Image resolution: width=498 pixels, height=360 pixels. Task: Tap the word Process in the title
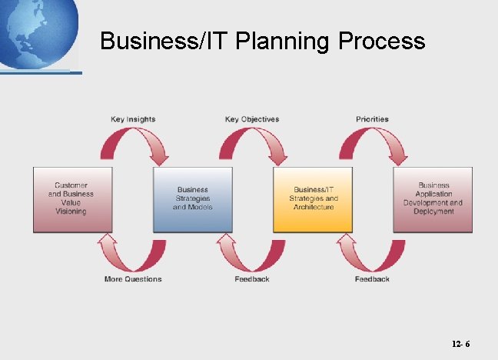coord(381,41)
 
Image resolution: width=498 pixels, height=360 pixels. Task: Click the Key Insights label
coord(133,119)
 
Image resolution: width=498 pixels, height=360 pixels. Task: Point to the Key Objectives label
coord(252,119)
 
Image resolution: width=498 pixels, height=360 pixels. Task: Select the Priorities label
coord(372,119)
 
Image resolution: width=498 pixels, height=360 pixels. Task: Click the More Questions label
coord(133,278)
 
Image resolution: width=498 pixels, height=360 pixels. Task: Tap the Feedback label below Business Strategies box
coord(252,278)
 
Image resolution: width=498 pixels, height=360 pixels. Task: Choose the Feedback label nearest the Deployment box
coord(372,278)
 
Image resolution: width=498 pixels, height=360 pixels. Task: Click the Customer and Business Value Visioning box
coord(72,199)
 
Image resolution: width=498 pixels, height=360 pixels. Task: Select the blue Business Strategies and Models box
coord(192,199)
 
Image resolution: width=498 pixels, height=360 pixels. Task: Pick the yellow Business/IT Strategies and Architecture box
coord(313,199)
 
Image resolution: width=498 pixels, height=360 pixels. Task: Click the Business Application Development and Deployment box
coord(433,199)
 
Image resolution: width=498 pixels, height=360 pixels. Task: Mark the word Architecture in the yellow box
coord(313,208)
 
